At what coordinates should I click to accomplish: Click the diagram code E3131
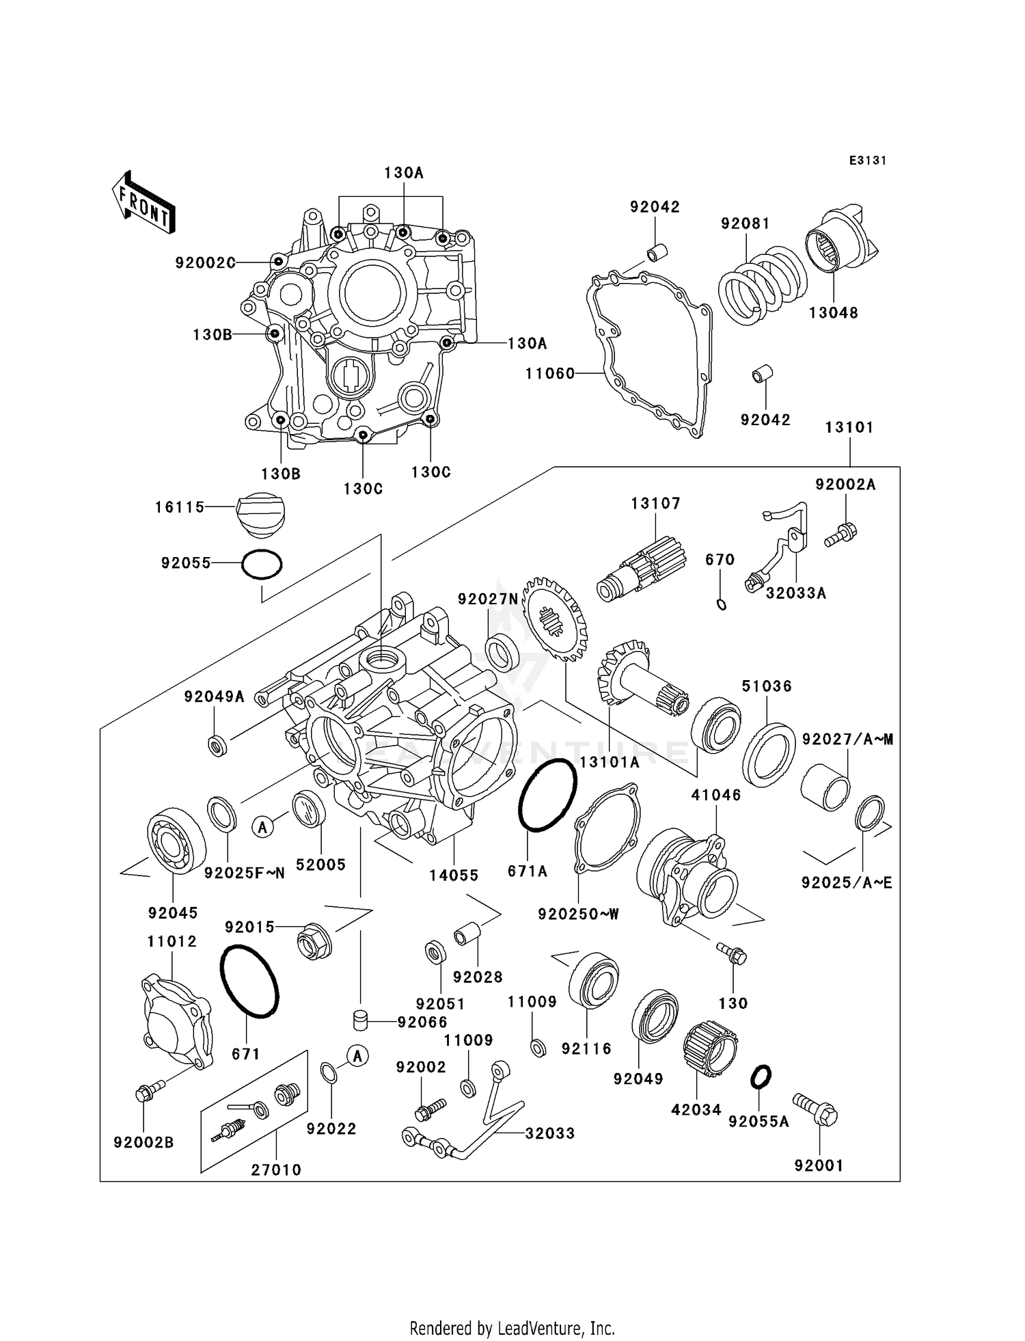pyautogui.click(x=868, y=161)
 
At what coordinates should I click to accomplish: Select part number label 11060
pyautogui.click(x=550, y=374)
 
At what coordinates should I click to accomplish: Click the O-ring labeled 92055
pyautogui.click(x=262, y=565)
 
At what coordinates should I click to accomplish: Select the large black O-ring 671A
pyautogui.click(x=548, y=795)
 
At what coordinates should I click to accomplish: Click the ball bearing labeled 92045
pyautogui.click(x=176, y=840)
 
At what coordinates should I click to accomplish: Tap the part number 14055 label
pyautogui.click(x=454, y=876)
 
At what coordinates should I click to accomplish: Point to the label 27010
pyautogui.click(x=276, y=1169)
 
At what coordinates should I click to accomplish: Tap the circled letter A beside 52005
pyautogui.click(x=263, y=827)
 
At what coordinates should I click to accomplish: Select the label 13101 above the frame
pyautogui.click(x=849, y=427)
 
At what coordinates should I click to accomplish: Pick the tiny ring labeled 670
pyautogui.click(x=722, y=604)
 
